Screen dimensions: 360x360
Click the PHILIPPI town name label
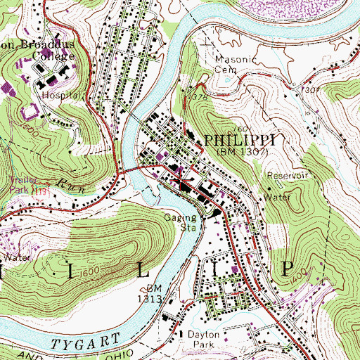(x=236, y=141)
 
